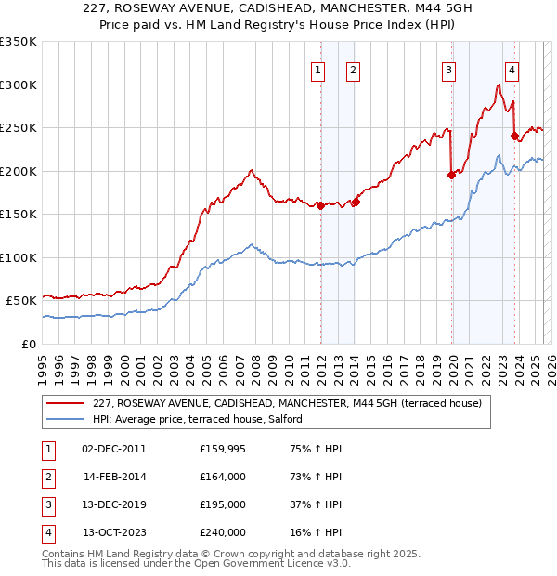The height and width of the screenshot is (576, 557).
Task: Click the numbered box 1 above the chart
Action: (x=318, y=68)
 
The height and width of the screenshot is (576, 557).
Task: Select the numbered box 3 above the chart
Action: (x=448, y=68)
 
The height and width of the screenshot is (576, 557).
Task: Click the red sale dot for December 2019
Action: (x=451, y=175)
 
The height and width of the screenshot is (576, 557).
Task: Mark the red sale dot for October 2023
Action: (x=514, y=136)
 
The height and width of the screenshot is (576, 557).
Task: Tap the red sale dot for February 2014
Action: (x=356, y=202)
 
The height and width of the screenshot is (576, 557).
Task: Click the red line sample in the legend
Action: (x=65, y=404)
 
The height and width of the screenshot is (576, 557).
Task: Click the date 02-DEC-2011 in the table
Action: (x=113, y=449)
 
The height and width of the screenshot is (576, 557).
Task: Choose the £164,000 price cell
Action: (x=223, y=477)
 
